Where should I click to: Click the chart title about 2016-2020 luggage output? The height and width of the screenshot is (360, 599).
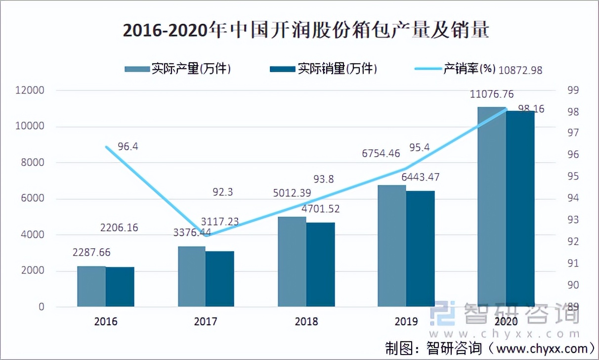pos(306,31)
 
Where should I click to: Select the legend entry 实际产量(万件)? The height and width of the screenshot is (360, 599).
pos(178,69)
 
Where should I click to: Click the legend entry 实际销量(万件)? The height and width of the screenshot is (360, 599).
pos(324,69)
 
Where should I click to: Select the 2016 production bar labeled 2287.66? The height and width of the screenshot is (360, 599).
pos(91,286)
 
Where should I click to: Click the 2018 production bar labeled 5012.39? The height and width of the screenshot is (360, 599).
pos(292,262)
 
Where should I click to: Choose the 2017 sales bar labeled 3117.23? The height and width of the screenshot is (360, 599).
pos(220,279)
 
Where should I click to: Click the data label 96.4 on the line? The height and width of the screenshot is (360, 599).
pos(128,147)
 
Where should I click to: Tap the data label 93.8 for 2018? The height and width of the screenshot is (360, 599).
pos(324,180)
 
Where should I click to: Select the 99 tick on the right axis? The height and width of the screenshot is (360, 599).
pos(573,90)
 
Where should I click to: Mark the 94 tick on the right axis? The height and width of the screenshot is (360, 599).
pos(573,198)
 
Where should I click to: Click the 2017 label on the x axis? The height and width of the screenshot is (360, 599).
pos(206,322)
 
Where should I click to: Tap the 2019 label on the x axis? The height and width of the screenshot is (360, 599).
pos(406,322)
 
